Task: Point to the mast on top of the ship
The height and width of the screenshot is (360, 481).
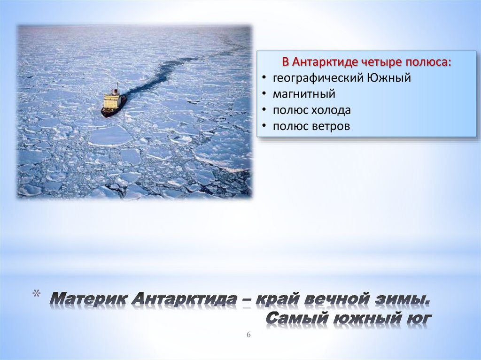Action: pos(117,87)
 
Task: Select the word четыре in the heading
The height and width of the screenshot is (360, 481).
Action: pos(382,62)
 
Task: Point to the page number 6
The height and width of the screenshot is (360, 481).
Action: pos(249,334)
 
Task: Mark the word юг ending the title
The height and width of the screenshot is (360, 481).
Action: pos(415,318)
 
